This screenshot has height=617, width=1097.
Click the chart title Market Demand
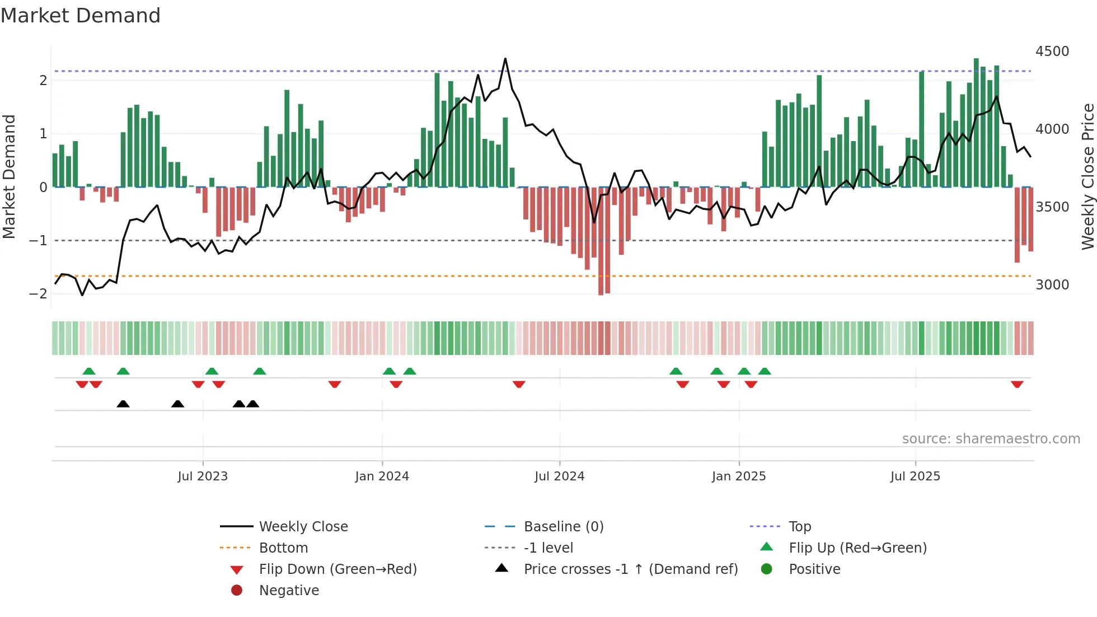click(81, 16)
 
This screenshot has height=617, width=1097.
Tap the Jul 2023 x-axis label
click(203, 476)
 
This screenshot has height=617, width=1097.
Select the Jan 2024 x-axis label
click(382, 476)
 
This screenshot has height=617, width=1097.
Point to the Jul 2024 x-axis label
click(559, 476)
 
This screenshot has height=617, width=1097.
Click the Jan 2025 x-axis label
click(738, 476)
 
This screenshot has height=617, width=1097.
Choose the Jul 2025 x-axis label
click(915, 476)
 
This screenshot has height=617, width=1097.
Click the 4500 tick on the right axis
click(1052, 52)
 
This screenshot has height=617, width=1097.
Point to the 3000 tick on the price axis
click(1052, 285)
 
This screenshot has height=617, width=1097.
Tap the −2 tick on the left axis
click(38, 294)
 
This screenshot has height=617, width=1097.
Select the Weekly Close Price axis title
click(1087, 176)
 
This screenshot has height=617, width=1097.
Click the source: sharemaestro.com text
click(991, 439)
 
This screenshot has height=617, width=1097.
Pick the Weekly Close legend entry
click(303, 527)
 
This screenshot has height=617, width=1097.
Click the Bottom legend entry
click(283, 548)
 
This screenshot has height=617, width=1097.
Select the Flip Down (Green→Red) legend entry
click(337, 569)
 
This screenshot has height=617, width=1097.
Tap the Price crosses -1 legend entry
click(630, 569)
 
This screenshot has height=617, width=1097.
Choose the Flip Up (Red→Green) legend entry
click(857, 548)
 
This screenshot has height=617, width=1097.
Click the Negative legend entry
click(289, 591)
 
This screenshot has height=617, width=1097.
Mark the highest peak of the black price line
click(505, 59)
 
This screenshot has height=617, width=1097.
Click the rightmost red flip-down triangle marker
click(1017, 384)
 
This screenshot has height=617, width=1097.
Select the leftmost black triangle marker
click(123, 404)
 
